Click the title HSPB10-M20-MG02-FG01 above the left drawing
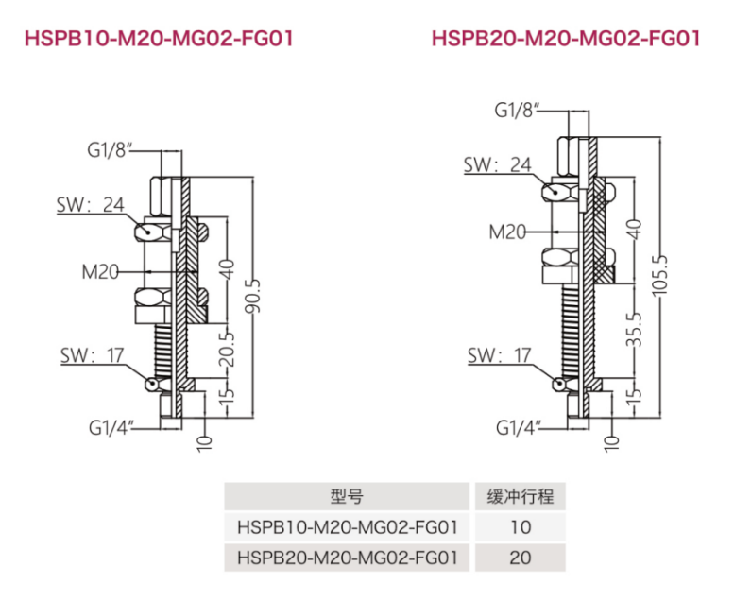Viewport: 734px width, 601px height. coord(159,38)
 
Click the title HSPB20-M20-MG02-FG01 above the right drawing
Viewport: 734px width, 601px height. coord(566,38)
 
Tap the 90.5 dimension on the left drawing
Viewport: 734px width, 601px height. coord(253,296)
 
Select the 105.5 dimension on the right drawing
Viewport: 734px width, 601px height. coord(660,275)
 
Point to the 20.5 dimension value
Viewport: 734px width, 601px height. coord(227,349)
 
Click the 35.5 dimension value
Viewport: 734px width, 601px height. coord(634,330)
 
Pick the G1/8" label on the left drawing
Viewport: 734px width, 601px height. coord(107,150)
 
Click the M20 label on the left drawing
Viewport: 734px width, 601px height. coord(100,272)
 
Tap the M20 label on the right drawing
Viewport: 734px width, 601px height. coord(507,232)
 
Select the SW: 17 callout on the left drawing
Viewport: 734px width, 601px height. coord(93,356)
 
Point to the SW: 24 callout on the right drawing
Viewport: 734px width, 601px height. coord(498,164)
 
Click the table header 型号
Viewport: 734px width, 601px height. coord(347,496)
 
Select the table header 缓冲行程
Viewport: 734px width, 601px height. coord(521,496)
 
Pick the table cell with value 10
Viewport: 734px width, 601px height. coord(521,527)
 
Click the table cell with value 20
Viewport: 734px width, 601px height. coord(521,558)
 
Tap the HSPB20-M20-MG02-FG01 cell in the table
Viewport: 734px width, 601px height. coord(347,558)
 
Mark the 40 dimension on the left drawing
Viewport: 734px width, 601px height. coord(227,269)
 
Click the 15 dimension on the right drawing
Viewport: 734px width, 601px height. coord(634,392)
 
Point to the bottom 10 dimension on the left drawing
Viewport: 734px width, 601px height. coord(205,443)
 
